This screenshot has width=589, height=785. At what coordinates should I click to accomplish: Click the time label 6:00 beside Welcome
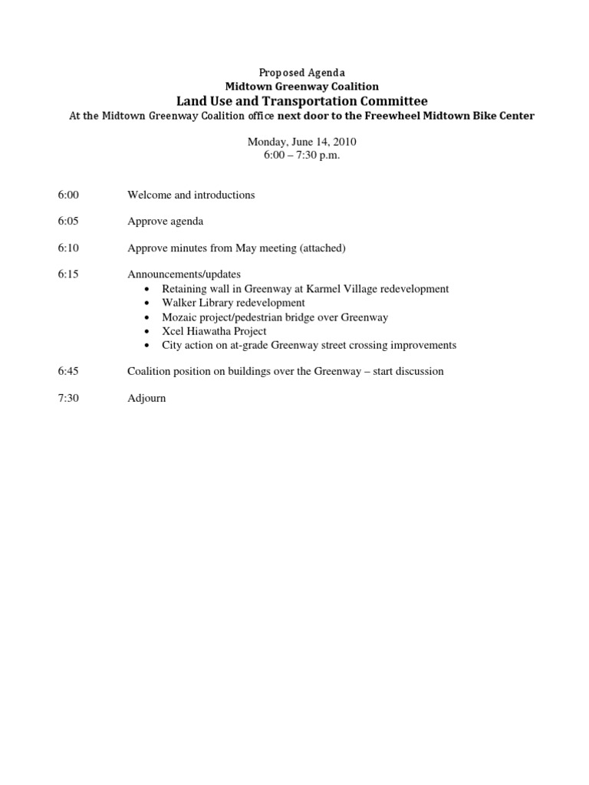coord(68,195)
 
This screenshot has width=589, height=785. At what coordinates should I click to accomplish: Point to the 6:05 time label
coord(68,222)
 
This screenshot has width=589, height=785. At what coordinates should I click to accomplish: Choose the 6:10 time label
coord(68,248)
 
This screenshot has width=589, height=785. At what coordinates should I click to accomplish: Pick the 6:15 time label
coord(68,274)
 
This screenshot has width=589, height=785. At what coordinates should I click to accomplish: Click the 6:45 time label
coord(68,372)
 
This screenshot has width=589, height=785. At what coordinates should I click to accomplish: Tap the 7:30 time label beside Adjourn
coord(68,399)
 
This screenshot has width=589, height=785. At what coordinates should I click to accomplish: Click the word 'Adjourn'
coord(146,399)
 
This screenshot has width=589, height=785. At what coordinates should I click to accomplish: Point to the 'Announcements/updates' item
coord(184,274)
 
